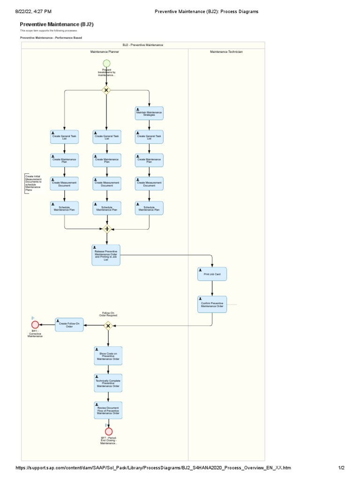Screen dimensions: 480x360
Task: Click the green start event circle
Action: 106,63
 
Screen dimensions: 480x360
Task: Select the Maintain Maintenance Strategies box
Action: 149,113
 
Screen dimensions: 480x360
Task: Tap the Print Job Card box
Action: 212,274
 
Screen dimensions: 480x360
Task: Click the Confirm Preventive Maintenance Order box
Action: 212,304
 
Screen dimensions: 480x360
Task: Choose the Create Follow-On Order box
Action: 69,324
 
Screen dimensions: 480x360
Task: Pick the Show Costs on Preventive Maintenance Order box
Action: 108,356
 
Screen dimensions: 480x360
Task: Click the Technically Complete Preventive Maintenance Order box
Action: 108,382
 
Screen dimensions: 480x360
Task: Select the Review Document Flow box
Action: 108,410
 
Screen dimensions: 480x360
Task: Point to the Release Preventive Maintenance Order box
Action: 106,255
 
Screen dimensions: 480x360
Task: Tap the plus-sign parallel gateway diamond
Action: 107,229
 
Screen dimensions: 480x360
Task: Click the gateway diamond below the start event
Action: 106,90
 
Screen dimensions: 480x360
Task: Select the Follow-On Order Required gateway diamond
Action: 108,325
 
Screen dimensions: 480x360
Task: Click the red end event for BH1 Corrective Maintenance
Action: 35,324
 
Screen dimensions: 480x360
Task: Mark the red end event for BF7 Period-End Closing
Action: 109,431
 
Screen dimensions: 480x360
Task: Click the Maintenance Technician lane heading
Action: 226,52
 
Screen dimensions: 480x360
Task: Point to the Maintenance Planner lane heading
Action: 105,52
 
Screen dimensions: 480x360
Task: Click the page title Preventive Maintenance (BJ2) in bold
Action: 60,24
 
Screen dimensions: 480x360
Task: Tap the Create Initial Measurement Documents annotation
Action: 33,183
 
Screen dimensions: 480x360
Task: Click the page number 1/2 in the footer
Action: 342,468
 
